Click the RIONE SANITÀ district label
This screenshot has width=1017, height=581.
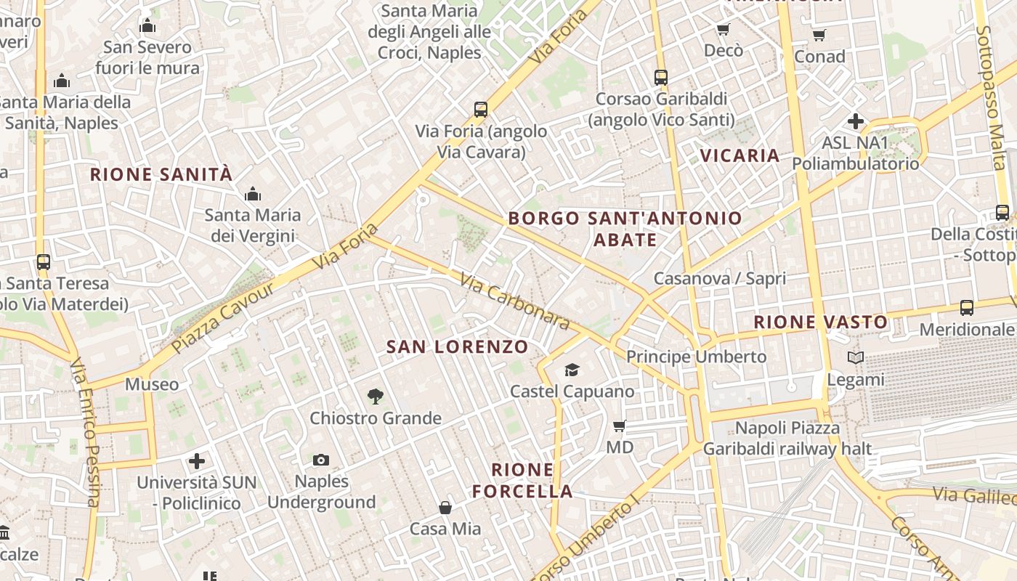click(161, 175)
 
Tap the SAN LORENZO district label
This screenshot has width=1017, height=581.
click(457, 347)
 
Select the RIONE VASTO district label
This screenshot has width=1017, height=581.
click(820, 322)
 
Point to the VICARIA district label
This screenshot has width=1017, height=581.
click(740, 155)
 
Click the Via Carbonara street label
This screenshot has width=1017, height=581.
click(514, 300)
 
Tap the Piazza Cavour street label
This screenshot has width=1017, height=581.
click(224, 317)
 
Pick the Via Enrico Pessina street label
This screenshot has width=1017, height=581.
click(84, 431)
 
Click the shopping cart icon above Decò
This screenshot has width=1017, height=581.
click(723, 30)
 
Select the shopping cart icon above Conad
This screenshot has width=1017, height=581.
click(819, 35)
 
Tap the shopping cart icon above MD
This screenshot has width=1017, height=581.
click(620, 426)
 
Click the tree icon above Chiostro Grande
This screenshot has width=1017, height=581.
click(375, 397)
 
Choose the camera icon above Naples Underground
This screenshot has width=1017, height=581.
click(320, 460)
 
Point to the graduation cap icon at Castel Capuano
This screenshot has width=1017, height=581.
click(572, 370)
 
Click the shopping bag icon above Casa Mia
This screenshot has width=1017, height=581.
click(445, 508)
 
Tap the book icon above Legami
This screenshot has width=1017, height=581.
click(856, 358)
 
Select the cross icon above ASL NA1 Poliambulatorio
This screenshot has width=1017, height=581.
click(855, 121)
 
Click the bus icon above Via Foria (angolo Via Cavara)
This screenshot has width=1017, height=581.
click(480, 110)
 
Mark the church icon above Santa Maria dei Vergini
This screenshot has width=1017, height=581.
click(253, 194)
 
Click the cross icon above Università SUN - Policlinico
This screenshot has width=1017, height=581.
click(197, 461)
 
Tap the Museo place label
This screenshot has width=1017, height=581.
click(152, 384)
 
